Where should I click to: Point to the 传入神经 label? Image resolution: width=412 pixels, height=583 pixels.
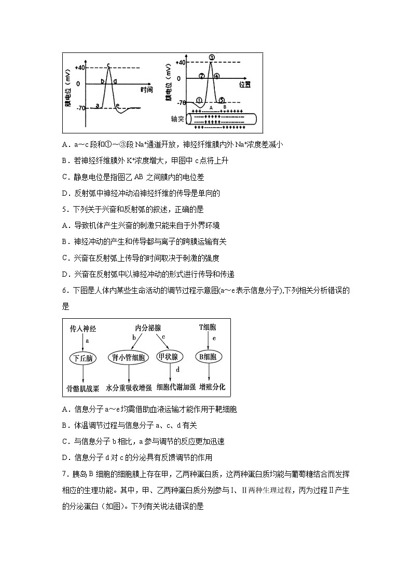click(83, 329)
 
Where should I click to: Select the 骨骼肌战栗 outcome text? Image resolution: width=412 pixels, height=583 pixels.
click(83, 387)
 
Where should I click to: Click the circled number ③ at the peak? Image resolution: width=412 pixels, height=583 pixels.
click(212, 57)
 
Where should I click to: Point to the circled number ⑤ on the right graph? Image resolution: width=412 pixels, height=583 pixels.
click(221, 100)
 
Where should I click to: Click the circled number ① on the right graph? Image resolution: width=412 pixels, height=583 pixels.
click(199, 100)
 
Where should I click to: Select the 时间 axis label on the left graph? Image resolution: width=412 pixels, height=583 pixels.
click(146, 89)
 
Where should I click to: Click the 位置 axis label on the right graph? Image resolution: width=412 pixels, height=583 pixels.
click(245, 84)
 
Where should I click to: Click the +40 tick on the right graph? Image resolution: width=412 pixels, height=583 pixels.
click(181, 63)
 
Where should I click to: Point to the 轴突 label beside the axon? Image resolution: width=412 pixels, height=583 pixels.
click(178, 119)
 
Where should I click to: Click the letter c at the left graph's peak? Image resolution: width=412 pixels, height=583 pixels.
click(108, 65)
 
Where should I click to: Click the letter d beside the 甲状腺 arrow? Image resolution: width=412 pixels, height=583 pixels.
click(177, 370)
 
